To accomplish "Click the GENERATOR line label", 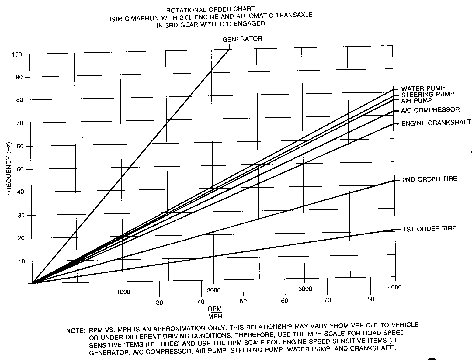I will (242, 39).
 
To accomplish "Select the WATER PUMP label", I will (423, 88).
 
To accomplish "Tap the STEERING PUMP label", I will (428, 94).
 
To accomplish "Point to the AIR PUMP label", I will (416, 100).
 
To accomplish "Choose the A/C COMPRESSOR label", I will (430, 110).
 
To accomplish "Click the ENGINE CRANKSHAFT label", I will (436, 123).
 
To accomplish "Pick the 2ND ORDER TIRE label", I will (429, 179).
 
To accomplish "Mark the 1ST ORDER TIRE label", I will (429, 229).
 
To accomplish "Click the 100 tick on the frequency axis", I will (17, 54).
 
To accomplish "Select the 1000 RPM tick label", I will (123, 292).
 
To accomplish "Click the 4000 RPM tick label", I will (395, 287).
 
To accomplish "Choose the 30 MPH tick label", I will (160, 303).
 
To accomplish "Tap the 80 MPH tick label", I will (370, 299).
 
